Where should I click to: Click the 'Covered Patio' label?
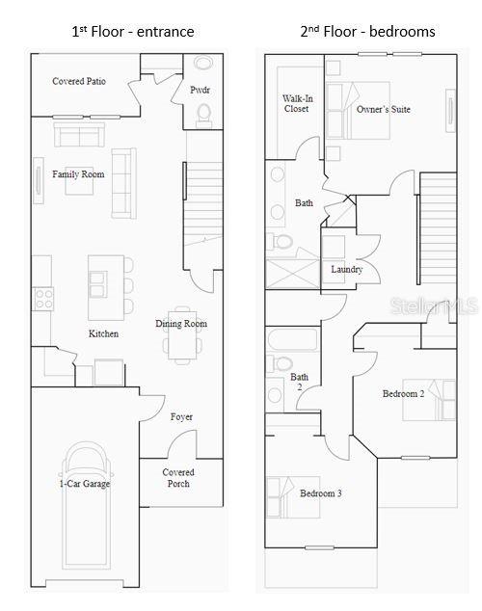[x=79, y=82]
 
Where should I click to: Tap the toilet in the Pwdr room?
[x=203, y=115]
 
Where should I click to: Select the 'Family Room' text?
[x=78, y=174]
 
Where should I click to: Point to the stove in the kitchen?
[x=43, y=299]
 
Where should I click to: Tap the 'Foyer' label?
[x=181, y=417]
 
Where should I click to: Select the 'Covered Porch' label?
[x=177, y=478]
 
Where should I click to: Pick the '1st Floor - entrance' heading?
[x=133, y=32]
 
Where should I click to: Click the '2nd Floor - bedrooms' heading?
[x=367, y=32]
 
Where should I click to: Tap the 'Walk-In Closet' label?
[x=296, y=103]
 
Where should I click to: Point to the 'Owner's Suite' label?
[x=383, y=109]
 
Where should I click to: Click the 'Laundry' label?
[x=346, y=270]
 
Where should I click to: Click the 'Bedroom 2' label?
[x=403, y=394]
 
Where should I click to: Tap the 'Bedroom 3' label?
[x=320, y=493]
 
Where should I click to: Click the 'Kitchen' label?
[x=103, y=333]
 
